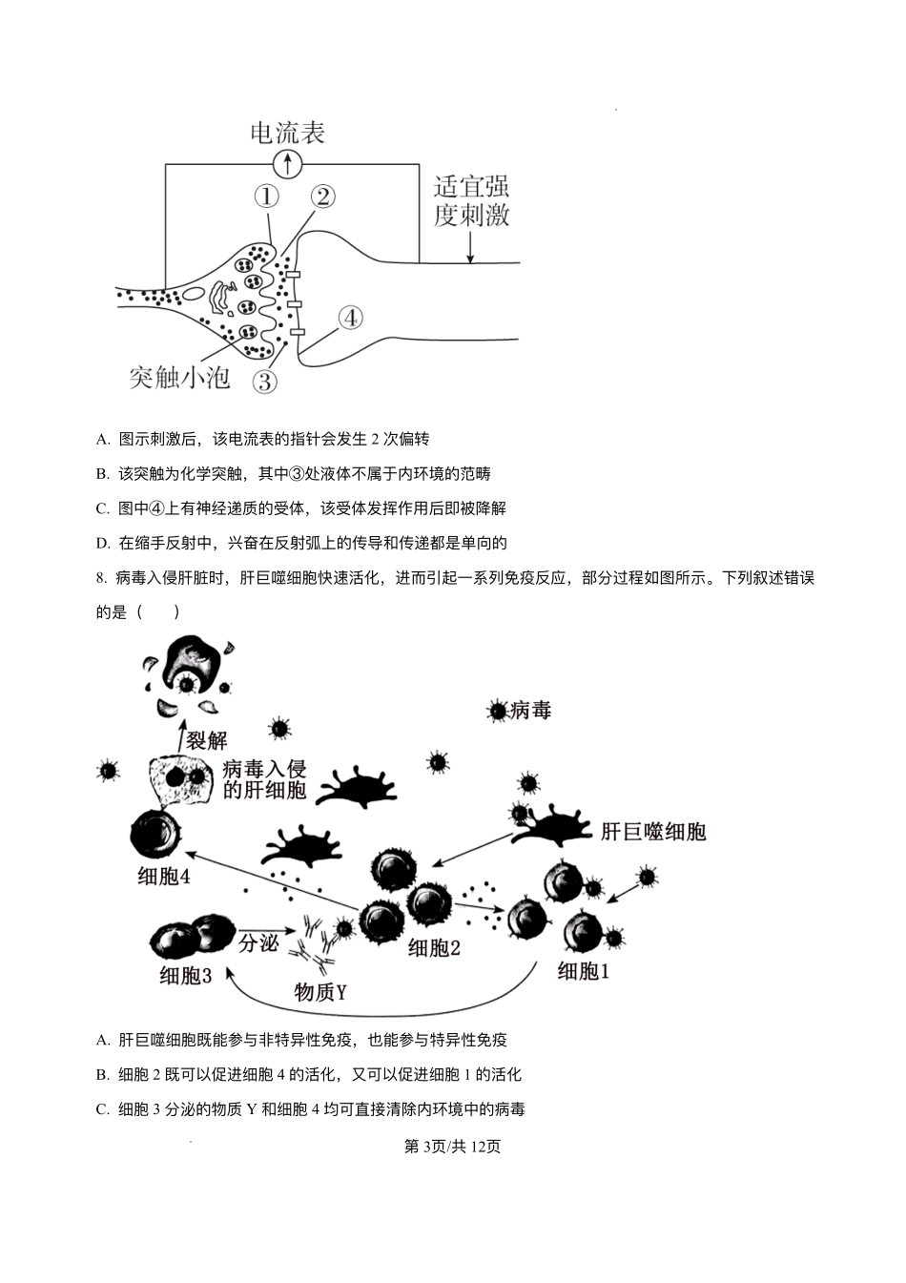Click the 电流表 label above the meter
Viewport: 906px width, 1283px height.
pos(287,133)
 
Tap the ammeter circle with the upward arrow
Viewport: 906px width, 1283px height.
pos(287,164)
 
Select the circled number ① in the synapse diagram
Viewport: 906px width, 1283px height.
pos(266,197)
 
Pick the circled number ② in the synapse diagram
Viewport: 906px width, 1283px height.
pos(322,197)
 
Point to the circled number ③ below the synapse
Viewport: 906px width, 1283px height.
pos(264,382)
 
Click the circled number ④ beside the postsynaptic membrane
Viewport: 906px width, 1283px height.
pos(350,318)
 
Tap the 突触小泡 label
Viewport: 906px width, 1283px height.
pos(180,378)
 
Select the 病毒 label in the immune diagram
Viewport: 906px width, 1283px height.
pos(531,710)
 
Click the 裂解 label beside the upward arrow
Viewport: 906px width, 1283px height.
pos(207,739)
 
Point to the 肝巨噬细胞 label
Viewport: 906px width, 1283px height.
pos(653,832)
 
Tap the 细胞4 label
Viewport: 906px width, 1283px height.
pos(163,876)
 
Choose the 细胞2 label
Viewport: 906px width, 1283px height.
pos(434,947)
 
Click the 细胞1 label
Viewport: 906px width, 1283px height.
pos(583,971)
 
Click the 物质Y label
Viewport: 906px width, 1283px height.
pos(319,992)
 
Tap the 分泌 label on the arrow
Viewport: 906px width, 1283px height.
pos(257,942)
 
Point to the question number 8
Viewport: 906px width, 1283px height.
pos(102,578)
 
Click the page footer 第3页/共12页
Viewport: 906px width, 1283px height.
pos(453,1147)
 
